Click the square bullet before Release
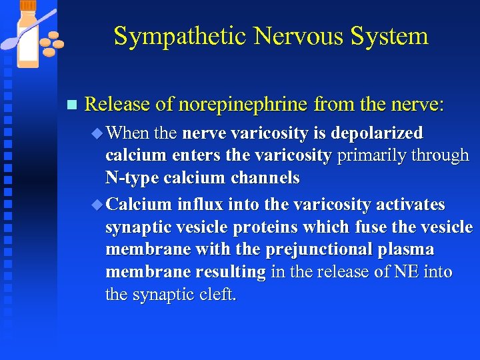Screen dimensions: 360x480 (73, 105)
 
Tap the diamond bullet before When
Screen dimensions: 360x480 (98, 133)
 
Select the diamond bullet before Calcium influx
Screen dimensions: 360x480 (98, 204)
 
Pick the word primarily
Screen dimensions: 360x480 (369, 156)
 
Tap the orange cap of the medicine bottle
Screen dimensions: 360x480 (29, 7)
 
